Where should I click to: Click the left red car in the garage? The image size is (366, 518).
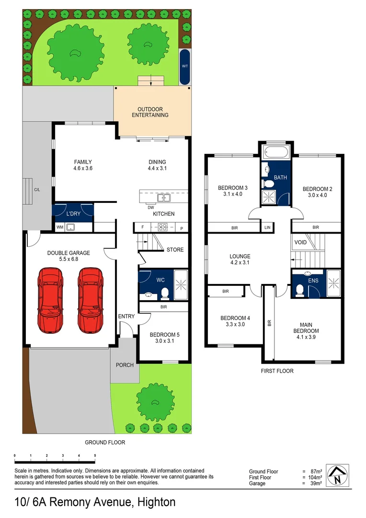[x=50, y=301]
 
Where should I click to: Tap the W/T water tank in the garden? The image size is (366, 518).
[x=184, y=67]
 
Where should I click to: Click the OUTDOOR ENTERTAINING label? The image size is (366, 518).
[x=150, y=112]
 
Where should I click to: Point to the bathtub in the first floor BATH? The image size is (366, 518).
[x=275, y=154]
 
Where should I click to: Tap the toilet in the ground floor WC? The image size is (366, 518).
[x=164, y=292]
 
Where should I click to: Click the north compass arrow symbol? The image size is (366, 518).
[x=338, y=476]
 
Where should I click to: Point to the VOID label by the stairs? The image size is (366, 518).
[x=300, y=243]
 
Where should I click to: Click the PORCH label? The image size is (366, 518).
[x=125, y=365]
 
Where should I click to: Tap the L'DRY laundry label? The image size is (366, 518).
[x=73, y=213]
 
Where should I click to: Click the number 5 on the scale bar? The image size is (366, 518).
[x=95, y=455]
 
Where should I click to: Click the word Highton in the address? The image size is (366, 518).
[x=156, y=502]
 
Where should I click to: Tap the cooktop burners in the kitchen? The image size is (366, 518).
[x=163, y=227]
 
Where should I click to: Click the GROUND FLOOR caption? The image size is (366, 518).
[x=105, y=442]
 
